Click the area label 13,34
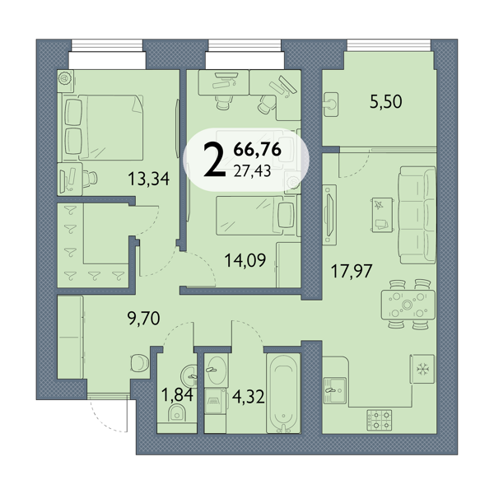click(149, 179)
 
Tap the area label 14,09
click(245, 260)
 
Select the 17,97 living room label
click(352, 271)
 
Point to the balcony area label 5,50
click(385, 102)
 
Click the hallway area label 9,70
click(143, 318)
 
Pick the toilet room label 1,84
click(177, 394)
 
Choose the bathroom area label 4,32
click(249, 397)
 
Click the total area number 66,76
click(258, 149)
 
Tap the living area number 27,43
click(252, 171)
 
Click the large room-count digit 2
click(215, 160)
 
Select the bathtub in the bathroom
click(283, 394)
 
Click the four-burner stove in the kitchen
click(380, 420)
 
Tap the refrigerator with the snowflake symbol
click(422, 369)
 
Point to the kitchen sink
click(334, 390)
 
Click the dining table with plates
click(408, 305)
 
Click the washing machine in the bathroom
click(216, 401)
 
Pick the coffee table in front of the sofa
click(383, 215)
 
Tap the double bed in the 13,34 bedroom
click(104, 128)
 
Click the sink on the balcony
click(330, 105)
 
